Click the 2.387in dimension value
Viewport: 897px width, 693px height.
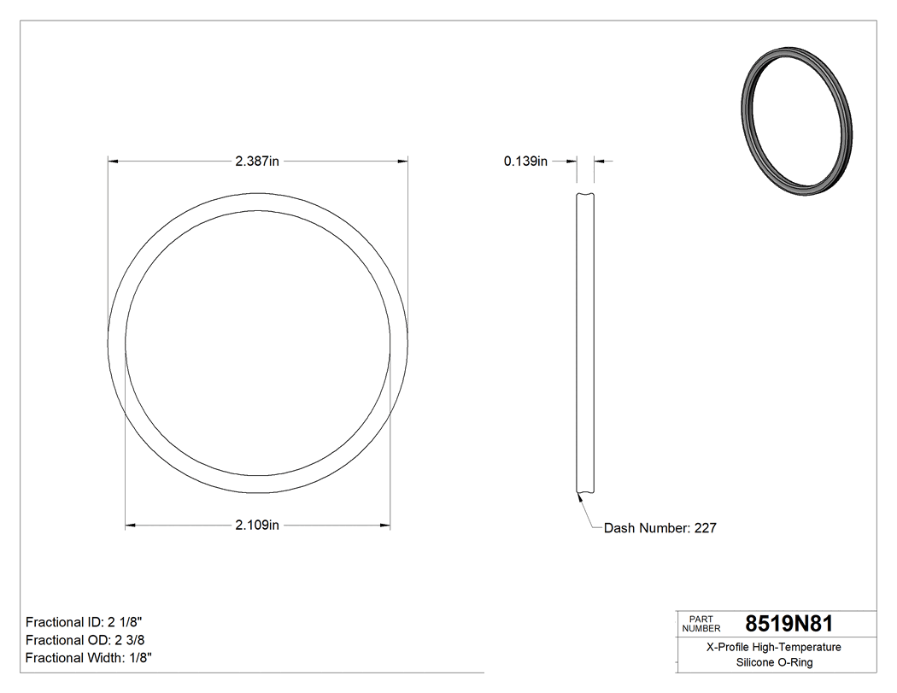click(257, 161)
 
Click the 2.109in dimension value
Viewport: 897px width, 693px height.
click(257, 525)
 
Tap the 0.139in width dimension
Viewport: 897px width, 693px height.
click(525, 161)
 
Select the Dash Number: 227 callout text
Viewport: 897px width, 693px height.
click(660, 528)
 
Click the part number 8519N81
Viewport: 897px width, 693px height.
click(789, 623)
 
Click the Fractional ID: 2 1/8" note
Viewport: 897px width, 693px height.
click(91, 621)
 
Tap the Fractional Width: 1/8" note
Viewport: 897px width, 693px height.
click(89, 657)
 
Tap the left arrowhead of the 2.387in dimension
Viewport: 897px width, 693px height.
click(112, 160)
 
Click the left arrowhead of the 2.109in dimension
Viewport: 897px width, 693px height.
click(131, 525)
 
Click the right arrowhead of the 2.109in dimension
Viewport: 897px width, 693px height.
click(386, 525)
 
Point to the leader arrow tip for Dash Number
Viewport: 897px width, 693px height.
click(578, 494)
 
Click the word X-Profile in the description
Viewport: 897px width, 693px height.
click(729, 647)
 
